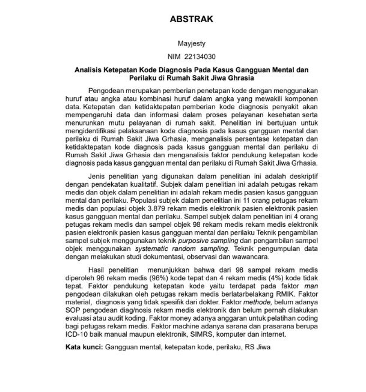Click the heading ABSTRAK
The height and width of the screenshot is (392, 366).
[191, 20]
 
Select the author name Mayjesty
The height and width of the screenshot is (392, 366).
[191, 44]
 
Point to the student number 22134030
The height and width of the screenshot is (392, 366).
[200, 57]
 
